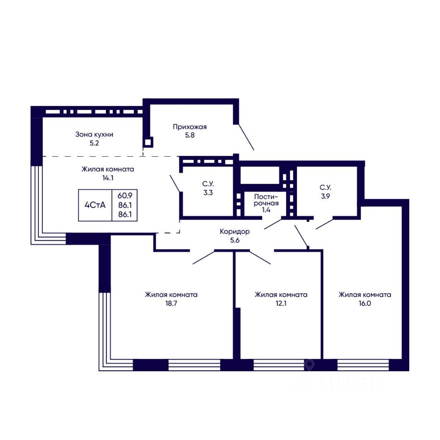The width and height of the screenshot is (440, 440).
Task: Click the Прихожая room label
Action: point(190,127)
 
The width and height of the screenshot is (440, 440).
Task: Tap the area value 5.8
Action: point(190,135)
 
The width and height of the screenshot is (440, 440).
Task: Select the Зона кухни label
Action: point(94,134)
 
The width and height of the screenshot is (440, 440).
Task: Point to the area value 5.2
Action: point(94,143)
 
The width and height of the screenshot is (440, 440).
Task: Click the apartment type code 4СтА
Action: point(95,205)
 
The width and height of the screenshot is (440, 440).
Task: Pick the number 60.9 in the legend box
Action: point(125,195)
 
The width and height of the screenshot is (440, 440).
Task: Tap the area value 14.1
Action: point(108,178)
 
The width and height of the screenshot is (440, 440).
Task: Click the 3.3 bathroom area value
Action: point(208,192)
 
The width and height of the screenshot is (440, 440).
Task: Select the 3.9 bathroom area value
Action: point(325,196)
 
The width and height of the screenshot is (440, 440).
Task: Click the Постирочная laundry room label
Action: point(266,199)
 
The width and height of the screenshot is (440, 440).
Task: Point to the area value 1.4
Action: point(266,209)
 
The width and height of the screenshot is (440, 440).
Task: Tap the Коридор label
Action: point(235,232)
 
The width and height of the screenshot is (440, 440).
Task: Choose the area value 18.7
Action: point(171,303)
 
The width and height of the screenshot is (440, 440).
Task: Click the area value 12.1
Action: point(281,303)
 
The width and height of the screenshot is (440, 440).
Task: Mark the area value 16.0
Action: point(365,303)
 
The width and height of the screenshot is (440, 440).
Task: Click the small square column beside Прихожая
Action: point(148,142)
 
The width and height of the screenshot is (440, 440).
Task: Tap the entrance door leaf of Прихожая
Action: point(246,137)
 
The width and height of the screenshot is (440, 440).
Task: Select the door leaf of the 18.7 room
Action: point(203,257)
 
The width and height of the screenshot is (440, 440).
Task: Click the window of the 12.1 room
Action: point(279,365)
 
